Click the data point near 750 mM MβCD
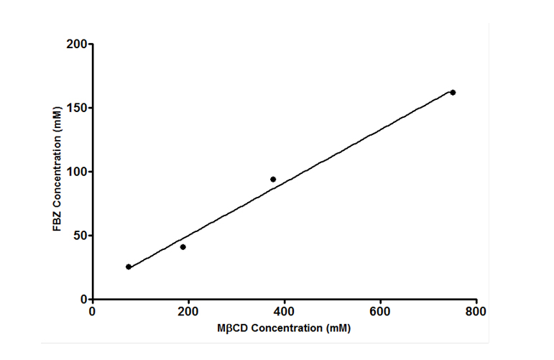point(453,93)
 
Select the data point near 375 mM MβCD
point(273,179)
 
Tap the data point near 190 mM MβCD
point(183,247)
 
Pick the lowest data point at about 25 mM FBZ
point(129,267)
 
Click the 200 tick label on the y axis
point(77,45)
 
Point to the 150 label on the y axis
point(77,109)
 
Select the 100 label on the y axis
point(77,172)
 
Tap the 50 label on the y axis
point(80,236)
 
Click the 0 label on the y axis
point(83,299)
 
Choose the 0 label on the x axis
point(93,312)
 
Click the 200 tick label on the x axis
point(188,312)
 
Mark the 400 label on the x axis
point(285,312)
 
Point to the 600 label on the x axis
point(380,312)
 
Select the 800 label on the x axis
point(476,312)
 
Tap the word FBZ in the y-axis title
point(57,219)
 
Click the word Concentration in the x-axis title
point(285,328)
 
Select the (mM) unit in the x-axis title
point(338,328)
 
